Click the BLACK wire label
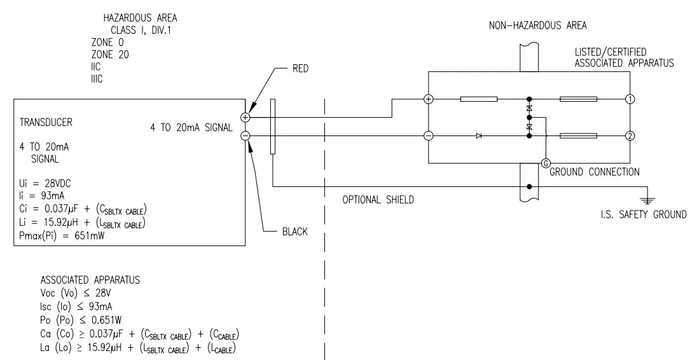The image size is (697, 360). [294, 232]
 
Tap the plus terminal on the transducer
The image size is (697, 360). [245, 117]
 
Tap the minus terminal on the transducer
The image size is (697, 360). [245, 135]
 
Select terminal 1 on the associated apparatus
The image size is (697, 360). [630, 99]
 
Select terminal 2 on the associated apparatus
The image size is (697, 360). [630, 135]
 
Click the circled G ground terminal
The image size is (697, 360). [545, 163]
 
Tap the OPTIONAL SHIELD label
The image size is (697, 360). [378, 200]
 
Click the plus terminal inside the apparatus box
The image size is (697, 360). [429, 99]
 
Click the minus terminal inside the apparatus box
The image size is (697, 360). [429, 135]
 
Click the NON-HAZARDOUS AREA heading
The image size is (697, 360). [537, 26]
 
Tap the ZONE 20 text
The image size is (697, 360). [110, 55]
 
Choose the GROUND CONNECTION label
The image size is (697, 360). [594, 172]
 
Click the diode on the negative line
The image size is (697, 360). [479, 135]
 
